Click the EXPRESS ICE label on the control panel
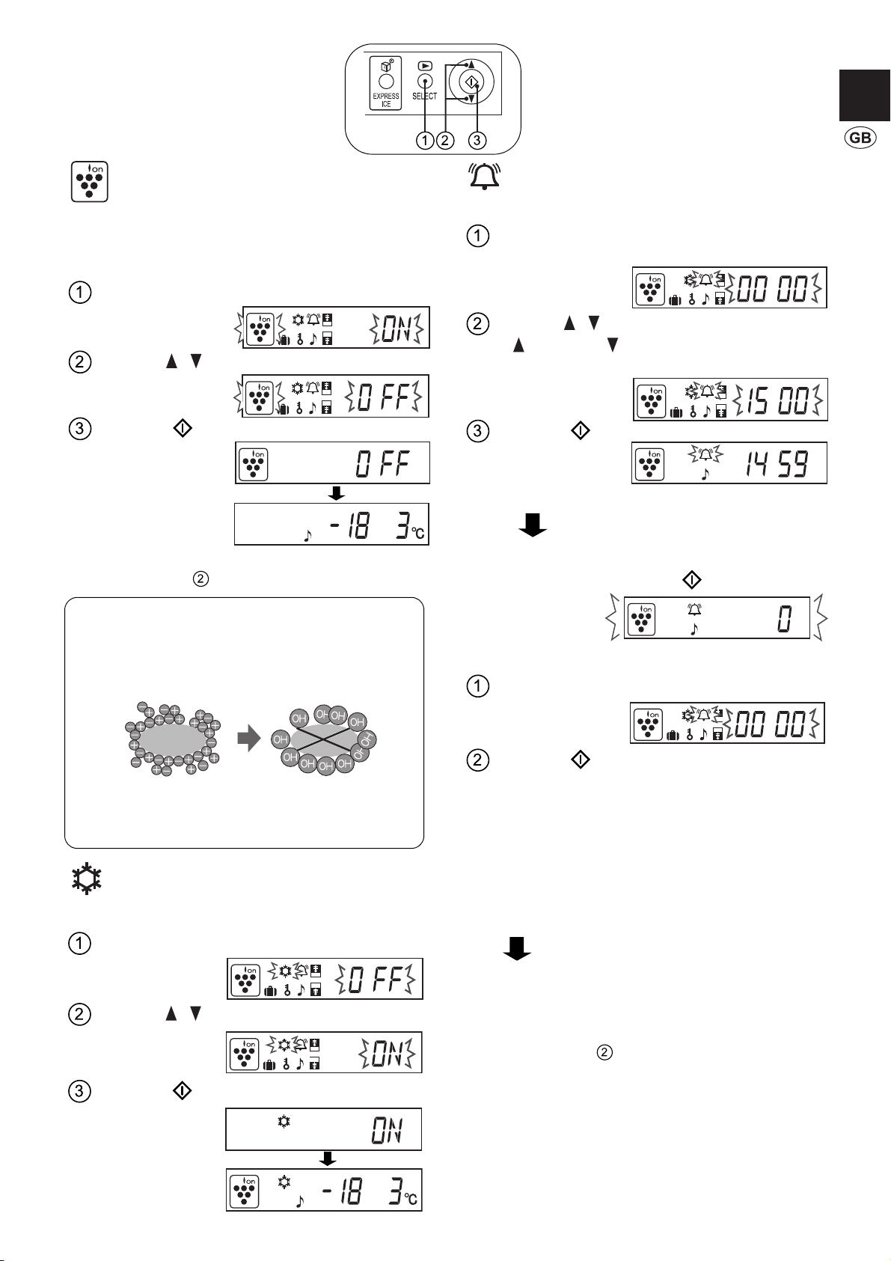(385, 100)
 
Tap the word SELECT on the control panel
(424, 97)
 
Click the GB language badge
(860, 138)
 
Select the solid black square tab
(865, 96)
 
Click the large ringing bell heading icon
(484, 176)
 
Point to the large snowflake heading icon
(87, 879)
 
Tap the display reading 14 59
(729, 462)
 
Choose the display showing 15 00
(730, 400)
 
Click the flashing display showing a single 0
(717, 617)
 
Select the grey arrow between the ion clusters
(249, 738)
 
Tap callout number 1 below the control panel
(425, 140)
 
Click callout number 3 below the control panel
(477, 140)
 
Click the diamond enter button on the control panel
(471, 82)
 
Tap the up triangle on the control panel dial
(471, 64)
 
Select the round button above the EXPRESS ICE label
(386, 82)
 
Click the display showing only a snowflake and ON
(324, 1129)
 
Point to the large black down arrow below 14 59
(533, 525)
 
